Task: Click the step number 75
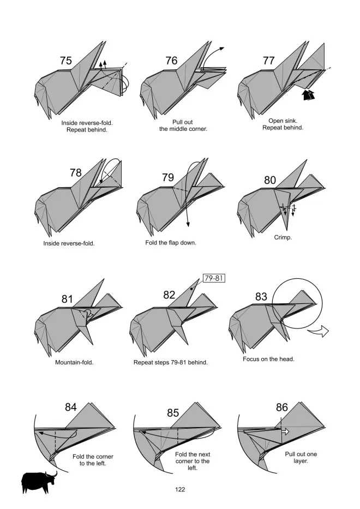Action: coord(65,61)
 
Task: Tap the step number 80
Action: coord(270,180)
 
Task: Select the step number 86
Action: coord(282,407)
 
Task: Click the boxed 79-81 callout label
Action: coord(214,278)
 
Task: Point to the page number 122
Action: coord(180,489)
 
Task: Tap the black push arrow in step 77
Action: coord(308,95)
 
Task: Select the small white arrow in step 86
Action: coord(285,432)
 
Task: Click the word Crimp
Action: coord(283,237)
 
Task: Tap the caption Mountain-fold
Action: coord(74,362)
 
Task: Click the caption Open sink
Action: coord(283,121)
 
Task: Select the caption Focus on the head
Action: coord(268,359)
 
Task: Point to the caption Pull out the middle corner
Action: coord(183,125)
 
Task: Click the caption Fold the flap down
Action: coord(171,242)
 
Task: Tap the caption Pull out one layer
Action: coord(301,457)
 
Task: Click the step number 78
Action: coord(76,173)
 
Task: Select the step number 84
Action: coord(71,407)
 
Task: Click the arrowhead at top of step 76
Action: coord(222,49)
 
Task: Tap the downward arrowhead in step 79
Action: coord(188,224)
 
